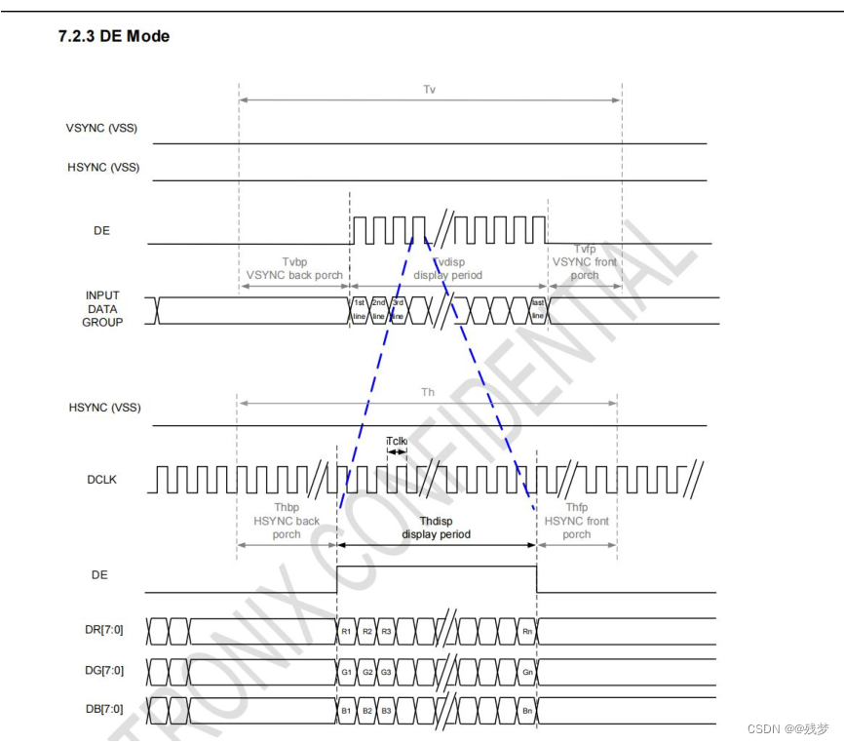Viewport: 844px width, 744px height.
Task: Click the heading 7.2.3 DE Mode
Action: [x=114, y=36]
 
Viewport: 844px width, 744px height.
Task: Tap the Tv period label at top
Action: [x=429, y=90]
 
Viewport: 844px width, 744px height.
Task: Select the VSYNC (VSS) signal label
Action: [x=102, y=128]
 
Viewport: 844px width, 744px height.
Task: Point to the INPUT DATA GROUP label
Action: [x=102, y=308]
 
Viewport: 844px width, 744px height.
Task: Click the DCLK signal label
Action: [x=100, y=480]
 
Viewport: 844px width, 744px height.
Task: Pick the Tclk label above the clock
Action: [x=397, y=441]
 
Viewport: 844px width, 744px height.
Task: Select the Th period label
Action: [x=427, y=392]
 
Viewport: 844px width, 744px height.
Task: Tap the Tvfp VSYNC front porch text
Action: [x=584, y=262]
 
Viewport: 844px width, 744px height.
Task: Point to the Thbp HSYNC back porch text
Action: [x=287, y=521]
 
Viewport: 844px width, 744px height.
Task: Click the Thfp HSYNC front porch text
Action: [x=577, y=521]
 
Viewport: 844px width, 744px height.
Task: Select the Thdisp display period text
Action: [x=437, y=528]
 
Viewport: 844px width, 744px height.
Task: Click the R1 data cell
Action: [x=346, y=632]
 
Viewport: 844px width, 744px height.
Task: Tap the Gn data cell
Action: [x=527, y=672]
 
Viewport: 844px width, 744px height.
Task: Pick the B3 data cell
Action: [x=387, y=711]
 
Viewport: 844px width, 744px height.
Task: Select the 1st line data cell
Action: [x=359, y=309]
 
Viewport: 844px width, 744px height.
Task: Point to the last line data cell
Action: [x=537, y=309]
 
